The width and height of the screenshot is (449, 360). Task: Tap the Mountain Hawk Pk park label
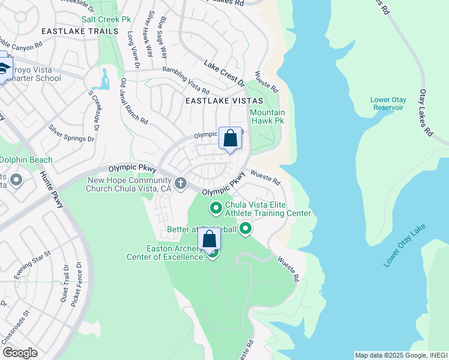click(x=267, y=116)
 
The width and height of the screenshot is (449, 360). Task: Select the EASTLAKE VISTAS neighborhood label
click(x=217, y=101)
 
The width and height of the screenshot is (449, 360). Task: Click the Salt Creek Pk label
click(x=107, y=19)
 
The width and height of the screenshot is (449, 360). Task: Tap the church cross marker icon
click(x=179, y=182)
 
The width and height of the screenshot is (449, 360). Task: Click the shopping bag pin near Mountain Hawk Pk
click(x=230, y=139)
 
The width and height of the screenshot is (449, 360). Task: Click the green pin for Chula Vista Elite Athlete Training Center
click(x=216, y=208)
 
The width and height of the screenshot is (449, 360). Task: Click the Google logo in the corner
click(x=20, y=353)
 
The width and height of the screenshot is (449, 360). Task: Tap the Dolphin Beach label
click(x=26, y=160)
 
